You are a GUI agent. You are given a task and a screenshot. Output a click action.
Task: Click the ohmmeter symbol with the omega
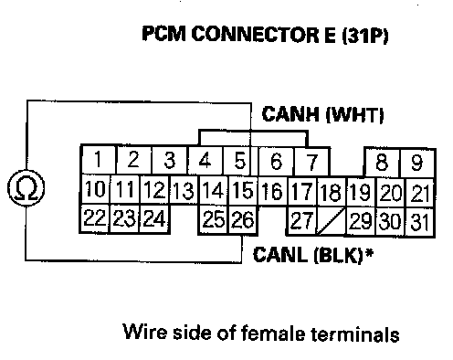[x=26, y=188]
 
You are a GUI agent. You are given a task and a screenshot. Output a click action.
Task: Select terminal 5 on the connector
[x=240, y=161]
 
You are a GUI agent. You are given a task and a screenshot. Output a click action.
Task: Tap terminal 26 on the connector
[x=243, y=219]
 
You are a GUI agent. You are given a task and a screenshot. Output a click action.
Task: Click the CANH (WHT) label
[x=322, y=114]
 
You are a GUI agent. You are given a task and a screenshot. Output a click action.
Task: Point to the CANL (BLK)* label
[x=313, y=255]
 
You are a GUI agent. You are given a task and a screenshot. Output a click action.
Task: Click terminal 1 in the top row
[x=98, y=159]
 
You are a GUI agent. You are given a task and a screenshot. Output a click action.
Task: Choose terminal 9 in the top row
[x=417, y=163]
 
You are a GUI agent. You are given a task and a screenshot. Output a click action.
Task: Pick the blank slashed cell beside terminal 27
[x=332, y=221]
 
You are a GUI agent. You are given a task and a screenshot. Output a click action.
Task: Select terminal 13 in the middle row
[x=184, y=190]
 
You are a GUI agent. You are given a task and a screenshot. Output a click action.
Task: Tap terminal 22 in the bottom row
[x=94, y=218]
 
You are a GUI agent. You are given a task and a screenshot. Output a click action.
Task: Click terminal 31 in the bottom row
[x=419, y=222]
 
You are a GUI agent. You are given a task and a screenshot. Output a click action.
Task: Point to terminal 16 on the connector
[x=272, y=191]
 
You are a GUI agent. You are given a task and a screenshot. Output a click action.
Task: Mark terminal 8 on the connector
[x=382, y=162]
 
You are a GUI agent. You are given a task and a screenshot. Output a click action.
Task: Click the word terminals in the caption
[x=355, y=333]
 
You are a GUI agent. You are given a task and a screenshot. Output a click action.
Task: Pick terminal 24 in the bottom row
[x=154, y=218]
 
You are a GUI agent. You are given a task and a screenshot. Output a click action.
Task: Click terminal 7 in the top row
[x=311, y=162]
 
